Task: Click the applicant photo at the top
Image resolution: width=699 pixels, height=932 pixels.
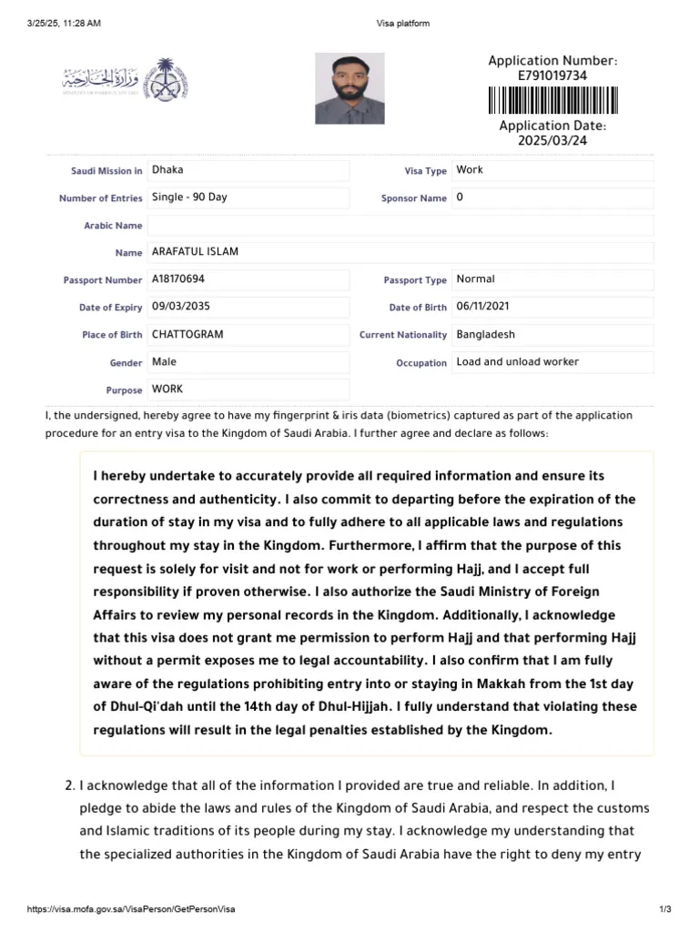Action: pos(349,88)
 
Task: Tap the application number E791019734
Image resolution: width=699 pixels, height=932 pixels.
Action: pos(552,76)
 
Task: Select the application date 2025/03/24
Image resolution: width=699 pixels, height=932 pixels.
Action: pos(552,141)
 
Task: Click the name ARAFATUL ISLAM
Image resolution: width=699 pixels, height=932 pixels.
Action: pos(195,252)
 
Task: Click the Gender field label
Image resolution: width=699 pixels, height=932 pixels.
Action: pos(126,363)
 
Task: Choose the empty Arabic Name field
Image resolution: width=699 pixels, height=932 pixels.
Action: pos(400,225)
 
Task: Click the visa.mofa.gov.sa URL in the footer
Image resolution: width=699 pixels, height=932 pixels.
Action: pos(132,909)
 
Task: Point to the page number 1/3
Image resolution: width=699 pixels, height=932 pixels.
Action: pos(664,909)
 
